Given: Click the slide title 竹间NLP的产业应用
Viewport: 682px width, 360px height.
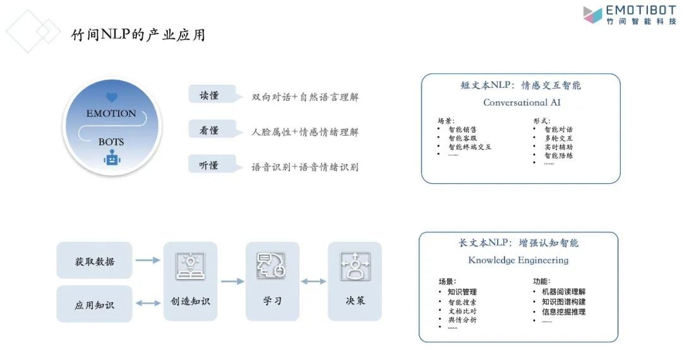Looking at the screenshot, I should click(x=138, y=35).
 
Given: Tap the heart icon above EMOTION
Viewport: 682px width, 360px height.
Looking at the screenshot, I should click(x=112, y=97).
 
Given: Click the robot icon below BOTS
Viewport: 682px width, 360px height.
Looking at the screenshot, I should click(x=112, y=158).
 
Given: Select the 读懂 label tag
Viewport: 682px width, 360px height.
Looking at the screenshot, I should click(x=211, y=95).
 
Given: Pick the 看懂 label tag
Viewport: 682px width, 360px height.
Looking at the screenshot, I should click(x=211, y=130).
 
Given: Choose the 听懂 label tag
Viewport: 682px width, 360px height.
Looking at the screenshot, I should click(x=211, y=165).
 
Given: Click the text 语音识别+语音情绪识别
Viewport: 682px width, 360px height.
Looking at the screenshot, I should click(x=305, y=167).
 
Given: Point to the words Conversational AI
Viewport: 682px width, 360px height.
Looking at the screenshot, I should click(x=522, y=102).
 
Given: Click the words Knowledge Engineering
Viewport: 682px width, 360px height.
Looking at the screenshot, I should click(x=518, y=260).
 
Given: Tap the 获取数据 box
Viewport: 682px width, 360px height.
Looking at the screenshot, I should click(x=95, y=261).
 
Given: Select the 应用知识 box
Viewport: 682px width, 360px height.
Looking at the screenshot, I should click(x=95, y=304).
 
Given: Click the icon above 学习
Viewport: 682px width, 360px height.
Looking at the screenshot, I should click(x=272, y=266).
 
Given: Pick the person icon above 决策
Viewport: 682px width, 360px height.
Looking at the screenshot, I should click(x=354, y=266).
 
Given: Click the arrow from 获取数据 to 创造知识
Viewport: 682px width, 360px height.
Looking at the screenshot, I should click(x=148, y=260).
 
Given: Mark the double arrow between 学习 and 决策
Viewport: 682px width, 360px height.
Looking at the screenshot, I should click(x=313, y=281).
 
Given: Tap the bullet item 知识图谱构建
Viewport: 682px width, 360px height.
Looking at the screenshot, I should click(x=559, y=302).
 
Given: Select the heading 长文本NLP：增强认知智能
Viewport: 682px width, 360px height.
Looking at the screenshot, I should click(x=518, y=243).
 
